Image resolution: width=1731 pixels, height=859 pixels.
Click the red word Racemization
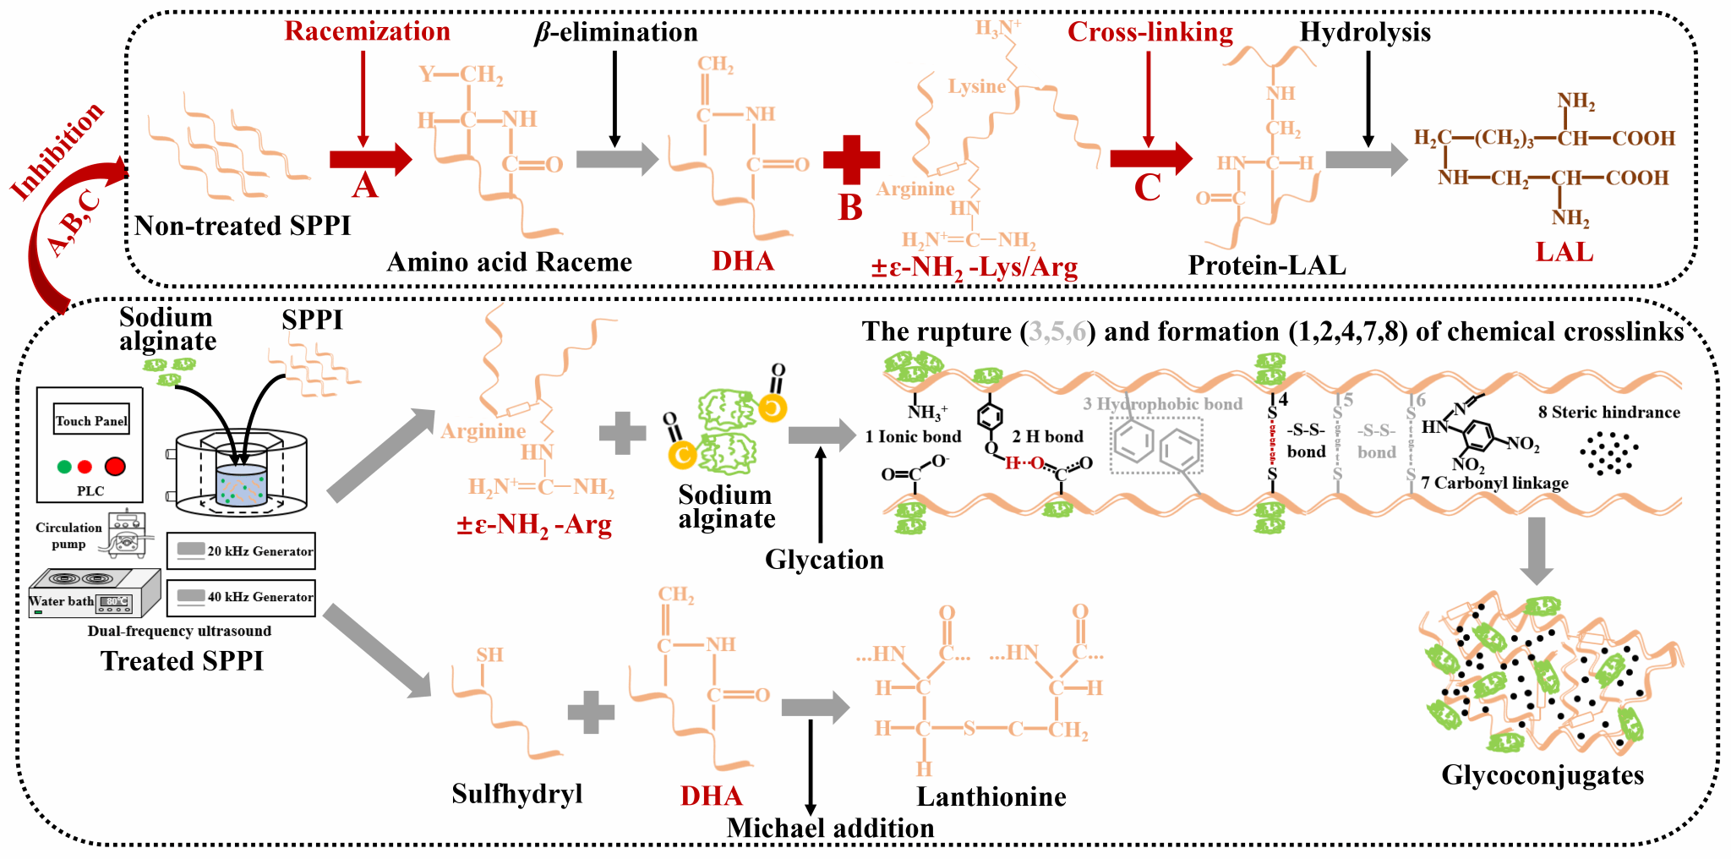367,31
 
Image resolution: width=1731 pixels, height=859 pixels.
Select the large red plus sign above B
851,159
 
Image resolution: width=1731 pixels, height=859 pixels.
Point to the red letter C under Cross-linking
1147,188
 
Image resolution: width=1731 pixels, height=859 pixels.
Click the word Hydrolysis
1364,32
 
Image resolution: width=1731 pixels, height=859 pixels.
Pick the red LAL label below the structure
1564,252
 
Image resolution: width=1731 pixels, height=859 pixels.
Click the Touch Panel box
91,420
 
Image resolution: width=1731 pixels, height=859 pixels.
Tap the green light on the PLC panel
64,466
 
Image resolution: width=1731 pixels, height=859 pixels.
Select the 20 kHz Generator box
242,551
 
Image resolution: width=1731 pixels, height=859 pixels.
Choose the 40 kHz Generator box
242,597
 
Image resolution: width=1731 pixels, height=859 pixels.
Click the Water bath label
61,601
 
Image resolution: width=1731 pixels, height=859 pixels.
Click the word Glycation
824,560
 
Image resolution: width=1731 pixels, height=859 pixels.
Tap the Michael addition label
830,828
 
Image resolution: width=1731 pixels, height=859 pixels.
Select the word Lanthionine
991,796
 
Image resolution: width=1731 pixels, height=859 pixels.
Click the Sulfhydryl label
516,794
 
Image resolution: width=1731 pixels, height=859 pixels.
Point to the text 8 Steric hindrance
1608,413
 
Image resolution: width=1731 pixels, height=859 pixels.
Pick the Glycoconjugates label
1543,775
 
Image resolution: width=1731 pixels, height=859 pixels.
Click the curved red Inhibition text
57,150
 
